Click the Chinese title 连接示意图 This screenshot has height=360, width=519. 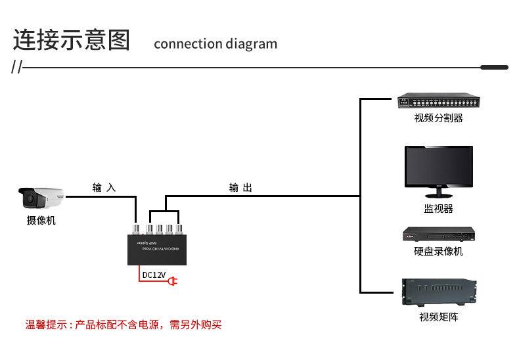(72, 40)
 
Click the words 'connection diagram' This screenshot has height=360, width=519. (215, 44)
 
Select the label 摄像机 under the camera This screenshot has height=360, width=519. (41, 221)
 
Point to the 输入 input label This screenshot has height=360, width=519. (104, 188)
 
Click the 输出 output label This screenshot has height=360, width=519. (240, 188)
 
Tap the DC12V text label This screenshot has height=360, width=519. (154, 275)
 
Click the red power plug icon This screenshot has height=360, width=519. (173, 282)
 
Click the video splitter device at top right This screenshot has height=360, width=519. (438, 102)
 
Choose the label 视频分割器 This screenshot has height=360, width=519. (438, 118)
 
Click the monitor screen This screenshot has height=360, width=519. (438, 168)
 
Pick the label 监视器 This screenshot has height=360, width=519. (438, 209)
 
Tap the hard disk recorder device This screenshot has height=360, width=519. (438, 235)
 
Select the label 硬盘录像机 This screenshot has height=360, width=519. (438, 252)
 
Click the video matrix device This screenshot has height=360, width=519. (438, 292)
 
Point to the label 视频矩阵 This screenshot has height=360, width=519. (438, 317)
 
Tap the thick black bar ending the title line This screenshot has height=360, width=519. (494, 67)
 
